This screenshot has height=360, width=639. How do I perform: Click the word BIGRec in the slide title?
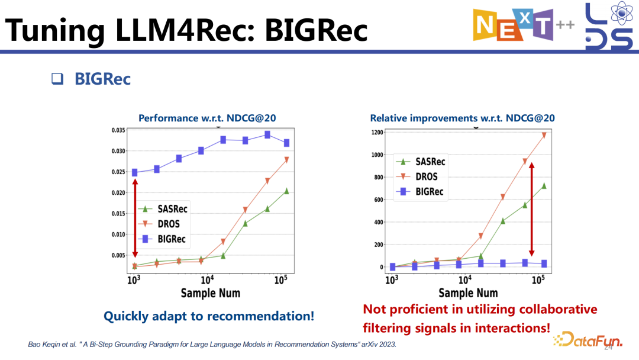[316, 30]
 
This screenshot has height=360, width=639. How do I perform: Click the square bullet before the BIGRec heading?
[57, 79]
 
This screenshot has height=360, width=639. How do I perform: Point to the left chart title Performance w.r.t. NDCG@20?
[207, 118]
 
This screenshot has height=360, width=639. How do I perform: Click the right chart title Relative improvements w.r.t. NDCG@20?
[463, 118]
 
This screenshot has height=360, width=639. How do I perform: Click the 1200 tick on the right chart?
[377, 132]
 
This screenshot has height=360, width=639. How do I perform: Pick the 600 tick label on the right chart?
[379, 200]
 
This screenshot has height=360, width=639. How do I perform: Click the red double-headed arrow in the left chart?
[135, 218]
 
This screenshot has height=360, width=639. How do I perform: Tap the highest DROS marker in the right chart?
[544, 136]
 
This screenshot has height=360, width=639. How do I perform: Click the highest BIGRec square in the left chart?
[267, 135]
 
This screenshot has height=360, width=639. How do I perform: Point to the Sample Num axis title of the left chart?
[211, 293]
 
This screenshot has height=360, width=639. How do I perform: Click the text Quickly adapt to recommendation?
[209, 316]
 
